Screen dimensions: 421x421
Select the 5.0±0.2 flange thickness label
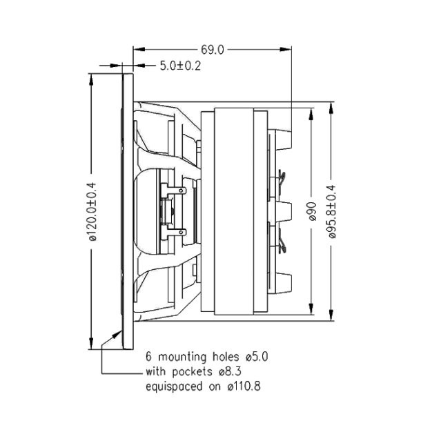(x=181, y=66)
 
